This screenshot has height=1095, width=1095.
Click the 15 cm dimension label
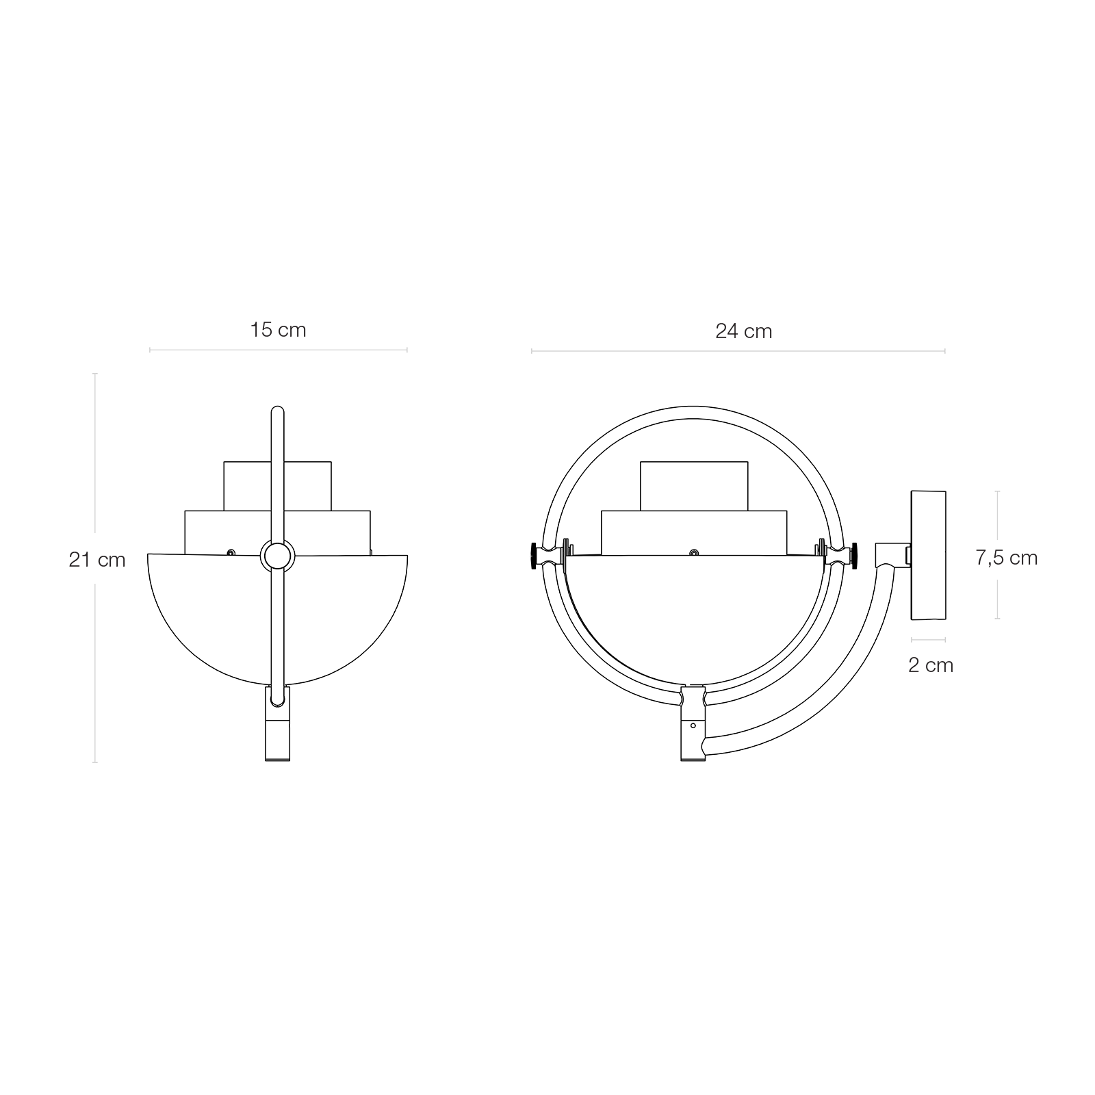278,331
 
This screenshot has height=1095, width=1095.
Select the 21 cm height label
97,560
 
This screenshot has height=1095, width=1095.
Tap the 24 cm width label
743,332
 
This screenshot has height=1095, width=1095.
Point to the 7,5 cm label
1006,558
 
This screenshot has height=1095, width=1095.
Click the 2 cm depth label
930,665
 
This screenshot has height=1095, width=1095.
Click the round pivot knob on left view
277,556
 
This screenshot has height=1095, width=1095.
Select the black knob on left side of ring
533,554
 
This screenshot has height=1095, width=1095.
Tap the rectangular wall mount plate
928,555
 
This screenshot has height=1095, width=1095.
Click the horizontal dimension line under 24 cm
738,352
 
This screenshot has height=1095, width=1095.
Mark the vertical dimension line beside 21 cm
95,568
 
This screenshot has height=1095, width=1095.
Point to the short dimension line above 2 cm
928,641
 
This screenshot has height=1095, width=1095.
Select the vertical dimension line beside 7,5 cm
997,555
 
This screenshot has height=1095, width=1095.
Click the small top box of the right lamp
693,486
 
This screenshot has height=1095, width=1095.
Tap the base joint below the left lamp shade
277,724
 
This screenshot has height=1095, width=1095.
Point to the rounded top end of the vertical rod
277,412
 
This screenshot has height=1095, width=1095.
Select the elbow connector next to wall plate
891,553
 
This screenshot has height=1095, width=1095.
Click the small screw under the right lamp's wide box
694,552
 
